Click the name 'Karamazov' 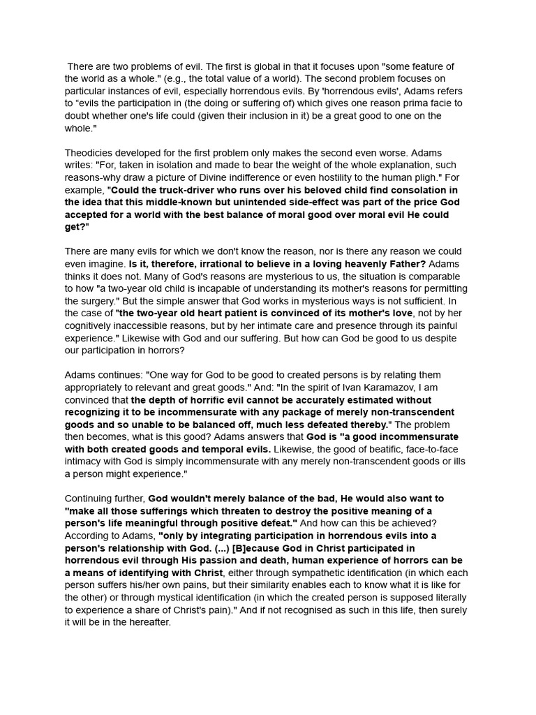pos(371,388)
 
